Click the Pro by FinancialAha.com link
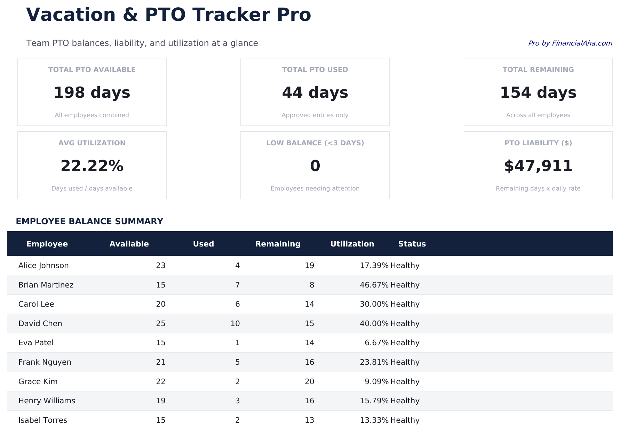(x=570, y=43)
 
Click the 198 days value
(x=92, y=93)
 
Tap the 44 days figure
(x=315, y=93)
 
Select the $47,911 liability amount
(x=538, y=166)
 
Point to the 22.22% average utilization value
(x=92, y=166)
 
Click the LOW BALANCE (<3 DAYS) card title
(x=315, y=143)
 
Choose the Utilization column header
(x=352, y=244)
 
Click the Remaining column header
(x=278, y=244)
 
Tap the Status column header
(x=412, y=244)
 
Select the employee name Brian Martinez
(x=46, y=285)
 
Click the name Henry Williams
(x=47, y=401)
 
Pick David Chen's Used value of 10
(x=235, y=324)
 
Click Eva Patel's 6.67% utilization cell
(x=376, y=343)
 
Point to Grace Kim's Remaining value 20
(x=309, y=382)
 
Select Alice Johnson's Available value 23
(x=160, y=266)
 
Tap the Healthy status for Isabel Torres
(x=405, y=420)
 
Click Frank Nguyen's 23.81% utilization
(x=374, y=362)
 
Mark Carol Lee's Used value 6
(x=237, y=304)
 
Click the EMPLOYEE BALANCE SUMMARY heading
(x=89, y=221)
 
